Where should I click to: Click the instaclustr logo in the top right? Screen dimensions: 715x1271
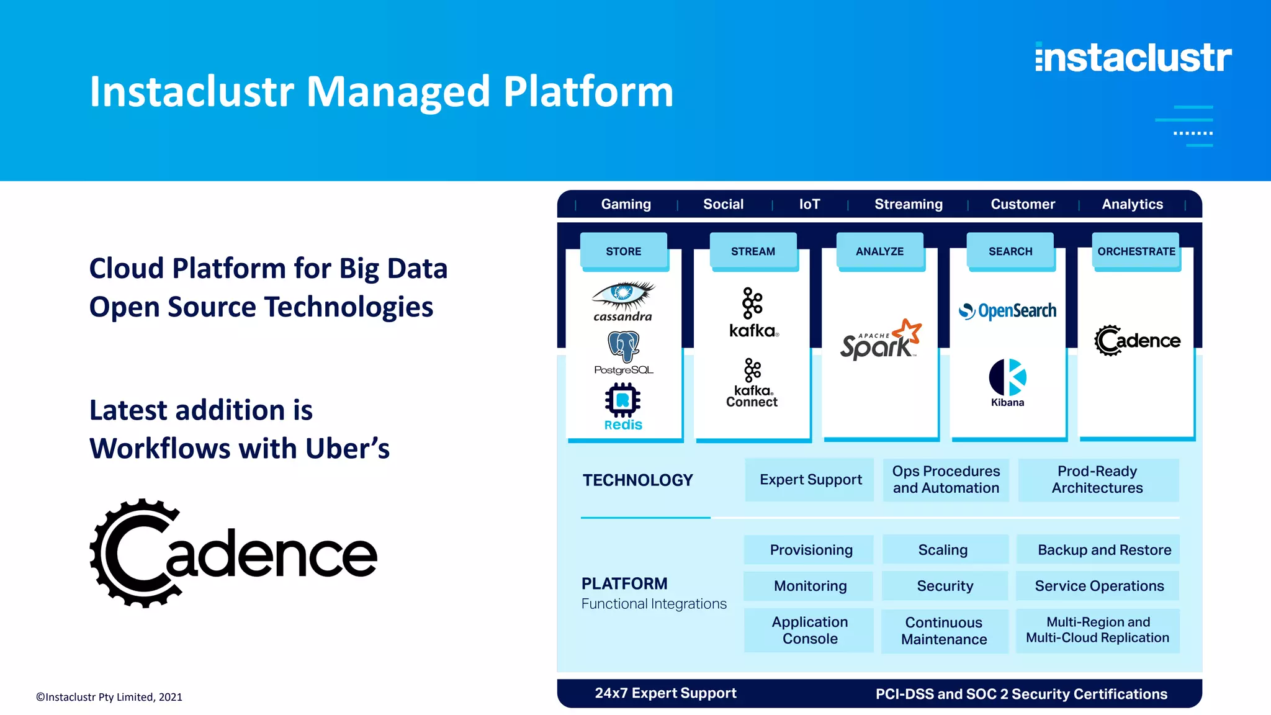(1133, 58)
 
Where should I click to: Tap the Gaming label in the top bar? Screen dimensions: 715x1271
(626, 204)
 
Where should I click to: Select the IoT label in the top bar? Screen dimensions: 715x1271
(809, 204)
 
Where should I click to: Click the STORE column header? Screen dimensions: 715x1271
(624, 251)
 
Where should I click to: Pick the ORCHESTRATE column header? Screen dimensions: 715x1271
(1136, 251)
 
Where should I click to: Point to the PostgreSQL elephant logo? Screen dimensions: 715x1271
(624, 346)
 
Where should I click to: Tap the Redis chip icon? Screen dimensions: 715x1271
(622, 400)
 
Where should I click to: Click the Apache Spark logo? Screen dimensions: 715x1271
(880, 340)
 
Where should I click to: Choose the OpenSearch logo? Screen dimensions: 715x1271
(1007, 310)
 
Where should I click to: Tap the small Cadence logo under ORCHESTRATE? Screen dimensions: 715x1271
(1136, 340)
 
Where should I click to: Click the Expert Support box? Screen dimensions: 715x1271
(810, 480)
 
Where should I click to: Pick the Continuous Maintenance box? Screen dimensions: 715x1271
(944, 631)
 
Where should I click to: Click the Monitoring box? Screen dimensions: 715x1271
(809, 586)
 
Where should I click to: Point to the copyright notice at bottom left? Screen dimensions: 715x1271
(109, 697)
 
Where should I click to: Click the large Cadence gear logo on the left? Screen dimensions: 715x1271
(233, 553)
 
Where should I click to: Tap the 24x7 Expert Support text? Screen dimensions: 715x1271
(665, 693)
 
